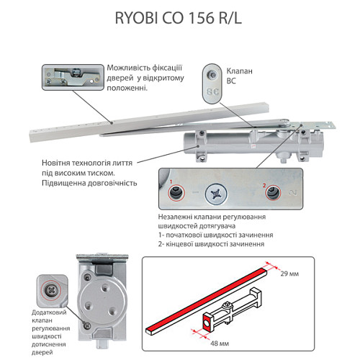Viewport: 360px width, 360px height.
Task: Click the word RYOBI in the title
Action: point(137,19)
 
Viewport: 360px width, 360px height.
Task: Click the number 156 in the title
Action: point(201,19)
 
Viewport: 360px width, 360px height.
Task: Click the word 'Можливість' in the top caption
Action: point(129,68)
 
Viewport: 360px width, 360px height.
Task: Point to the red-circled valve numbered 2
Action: point(266,193)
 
